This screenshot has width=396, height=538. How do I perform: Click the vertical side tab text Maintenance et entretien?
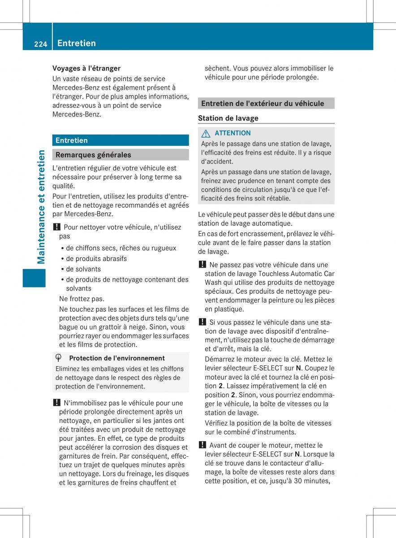pos(41,207)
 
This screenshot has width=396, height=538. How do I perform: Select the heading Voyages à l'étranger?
pos(86,68)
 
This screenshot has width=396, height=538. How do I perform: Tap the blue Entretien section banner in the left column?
pos(120,140)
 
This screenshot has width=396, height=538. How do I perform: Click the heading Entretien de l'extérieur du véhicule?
pos(263,104)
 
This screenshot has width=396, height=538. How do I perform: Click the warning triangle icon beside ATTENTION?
pos(205,133)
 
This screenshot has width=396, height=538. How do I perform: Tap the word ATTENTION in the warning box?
pos(232,133)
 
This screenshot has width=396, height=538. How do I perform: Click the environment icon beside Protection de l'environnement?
pos(59,358)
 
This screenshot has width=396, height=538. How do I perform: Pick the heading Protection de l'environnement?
pos(116,358)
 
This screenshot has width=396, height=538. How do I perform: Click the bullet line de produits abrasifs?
pos(96,259)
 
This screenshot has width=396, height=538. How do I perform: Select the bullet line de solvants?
pos(83,269)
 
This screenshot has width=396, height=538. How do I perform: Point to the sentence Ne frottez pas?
pos(81,299)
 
